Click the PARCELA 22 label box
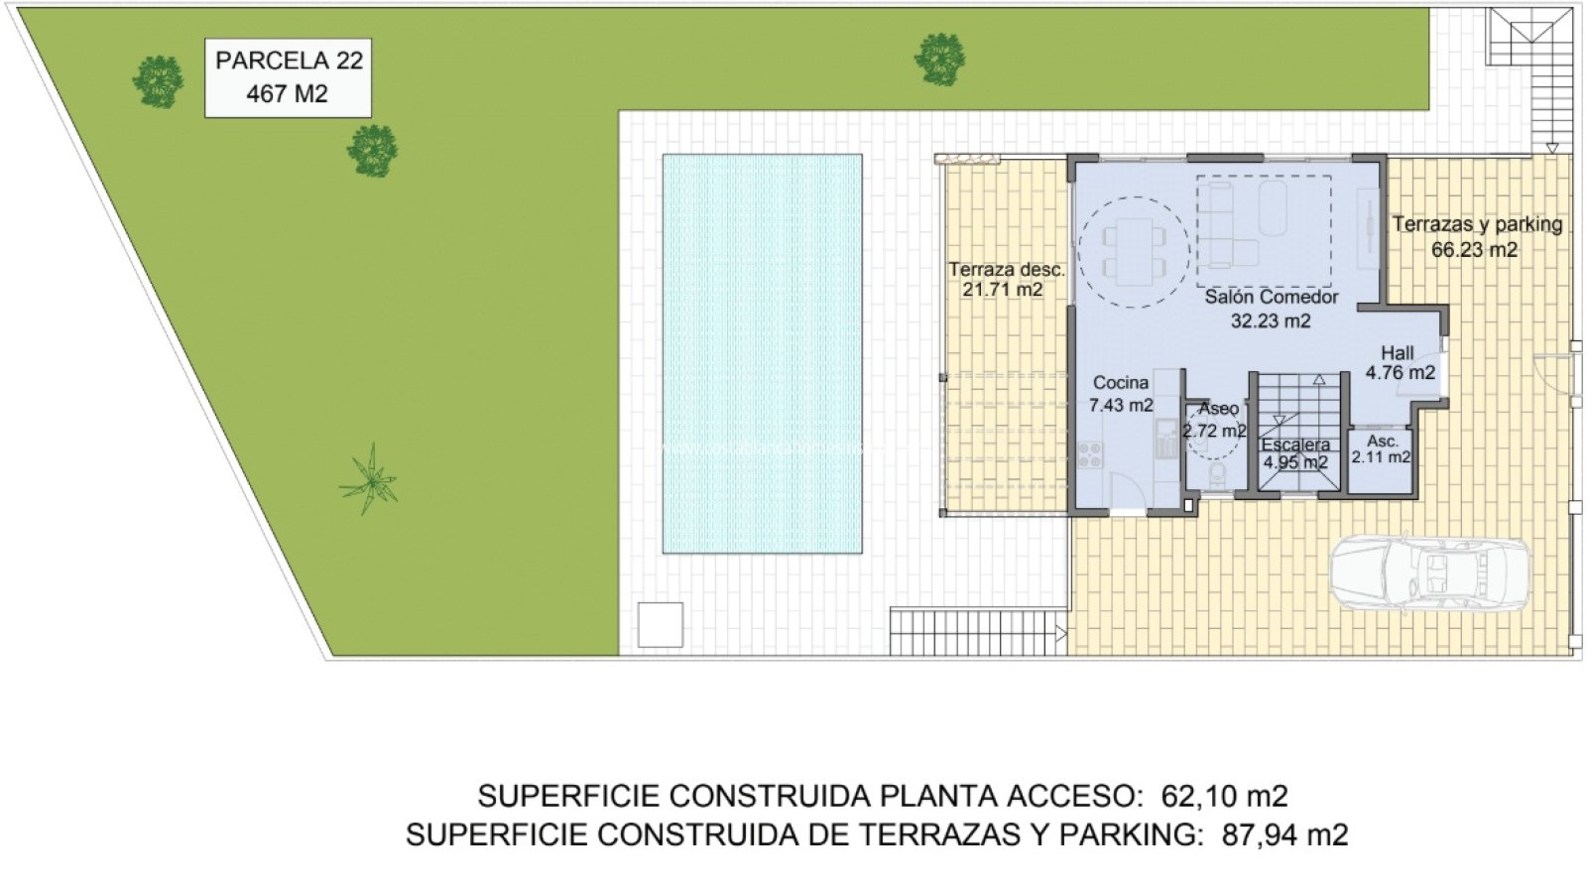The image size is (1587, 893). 289,78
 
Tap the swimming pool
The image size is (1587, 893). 763,353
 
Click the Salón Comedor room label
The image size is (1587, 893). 1271,309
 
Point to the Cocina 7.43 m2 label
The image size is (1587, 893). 1121,393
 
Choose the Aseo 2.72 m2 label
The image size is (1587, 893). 1215,420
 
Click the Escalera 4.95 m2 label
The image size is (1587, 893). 1295,453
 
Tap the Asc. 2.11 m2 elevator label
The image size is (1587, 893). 1381,449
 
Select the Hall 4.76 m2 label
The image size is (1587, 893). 1400,362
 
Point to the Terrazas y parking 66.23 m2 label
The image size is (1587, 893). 1477,237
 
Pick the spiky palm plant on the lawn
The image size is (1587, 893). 369,480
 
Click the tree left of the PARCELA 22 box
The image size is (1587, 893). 158,82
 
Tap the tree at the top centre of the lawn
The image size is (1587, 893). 939,59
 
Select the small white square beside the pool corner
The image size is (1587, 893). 661,624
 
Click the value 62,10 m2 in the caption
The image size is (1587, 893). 1224,797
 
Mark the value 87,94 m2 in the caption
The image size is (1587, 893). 1285,834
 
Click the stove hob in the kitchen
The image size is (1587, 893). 1090,455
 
